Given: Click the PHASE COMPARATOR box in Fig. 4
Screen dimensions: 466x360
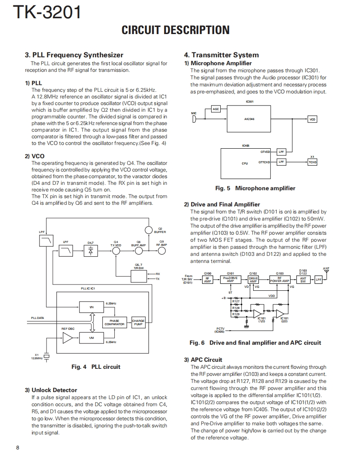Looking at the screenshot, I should tap(114, 322).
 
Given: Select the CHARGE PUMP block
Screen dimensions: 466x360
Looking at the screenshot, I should tap(138, 322).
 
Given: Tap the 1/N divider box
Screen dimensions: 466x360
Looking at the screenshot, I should tap(91, 307).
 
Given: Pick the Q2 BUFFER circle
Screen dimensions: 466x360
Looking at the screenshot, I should tap(149, 230).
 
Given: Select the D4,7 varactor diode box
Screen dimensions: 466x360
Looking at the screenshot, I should tap(91, 251).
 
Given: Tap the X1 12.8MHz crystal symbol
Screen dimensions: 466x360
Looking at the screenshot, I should tap(47, 356).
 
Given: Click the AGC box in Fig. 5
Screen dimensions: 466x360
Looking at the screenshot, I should tap(216, 109).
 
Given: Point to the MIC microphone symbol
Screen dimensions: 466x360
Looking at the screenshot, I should tap(194, 119).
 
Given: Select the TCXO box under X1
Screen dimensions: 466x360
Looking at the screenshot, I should tap(312, 162).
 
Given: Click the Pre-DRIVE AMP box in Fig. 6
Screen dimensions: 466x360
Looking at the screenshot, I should tap(230, 280).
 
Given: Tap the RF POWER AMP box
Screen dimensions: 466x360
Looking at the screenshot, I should tap(279, 280).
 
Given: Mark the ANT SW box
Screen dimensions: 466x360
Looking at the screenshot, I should tap(303, 280).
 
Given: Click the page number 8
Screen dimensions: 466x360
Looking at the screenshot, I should tap(17, 447).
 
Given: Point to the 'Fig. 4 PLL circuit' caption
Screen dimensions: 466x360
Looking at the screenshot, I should tap(96, 367).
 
